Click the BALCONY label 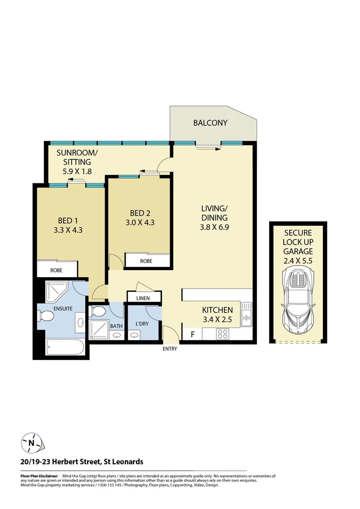tap(210, 123)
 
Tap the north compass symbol tap(31, 443)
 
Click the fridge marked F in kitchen tap(192, 335)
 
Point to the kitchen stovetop tap(222, 334)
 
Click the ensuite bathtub tap(65, 348)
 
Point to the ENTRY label tap(170, 349)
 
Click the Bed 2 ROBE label tap(146, 261)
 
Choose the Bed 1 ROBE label tap(57, 270)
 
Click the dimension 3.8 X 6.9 tap(214, 227)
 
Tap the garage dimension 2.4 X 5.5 tap(298, 260)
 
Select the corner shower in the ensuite tap(57, 293)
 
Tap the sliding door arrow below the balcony tap(209, 148)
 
